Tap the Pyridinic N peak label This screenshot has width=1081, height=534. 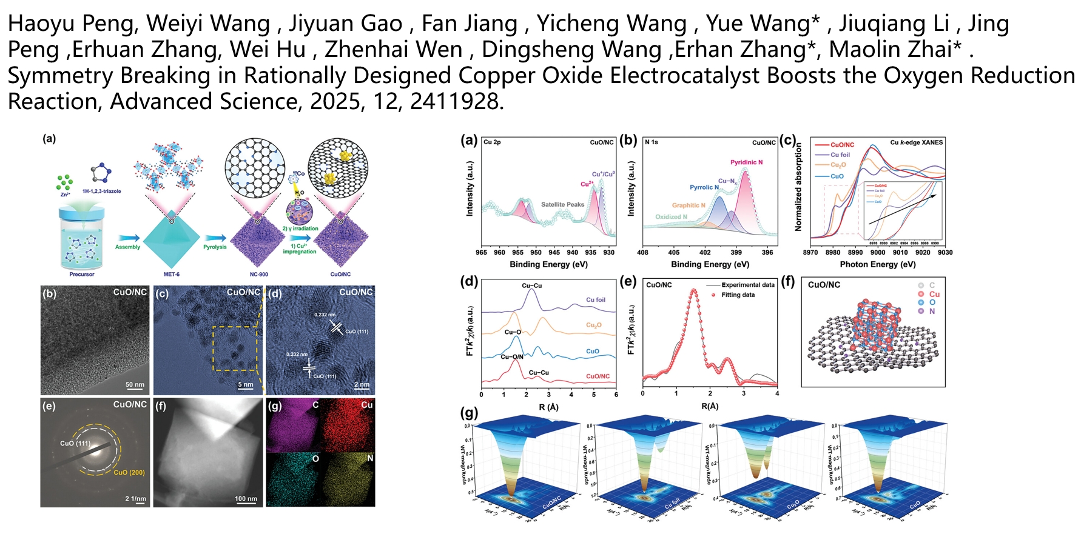pyautogui.click(x=746, y=162)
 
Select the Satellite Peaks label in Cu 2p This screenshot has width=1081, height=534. pyautogui.click(x=562, y=205)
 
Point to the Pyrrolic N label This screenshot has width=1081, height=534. pyautogui.click(x=704, y=187)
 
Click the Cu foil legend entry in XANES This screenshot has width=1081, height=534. pyautogui.click(x=840, y=155)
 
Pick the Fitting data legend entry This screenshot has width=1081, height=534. pyautogui.click(x=738, y=295)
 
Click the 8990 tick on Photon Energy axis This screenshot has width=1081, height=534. pyautogui.click(x=855, y=252)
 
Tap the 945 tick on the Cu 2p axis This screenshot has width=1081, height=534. pyautogui.click(x=554, y=252)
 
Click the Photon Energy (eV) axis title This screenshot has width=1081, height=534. pyautogui.click(x=877, y=264)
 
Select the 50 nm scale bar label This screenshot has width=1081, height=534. pyautogui.click(x=135, y=385)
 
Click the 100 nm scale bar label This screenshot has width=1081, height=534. pyautogui.click(x=246, y=499)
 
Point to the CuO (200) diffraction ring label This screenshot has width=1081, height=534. pyautogui.click(x=129, y=472)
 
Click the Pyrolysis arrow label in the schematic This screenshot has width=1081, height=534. pyautogui.click(x=215, y=247)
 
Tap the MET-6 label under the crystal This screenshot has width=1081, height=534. pyautogui.click(x=172, y=275)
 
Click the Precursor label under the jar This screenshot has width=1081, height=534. pyautogui.click(x=82, y=275)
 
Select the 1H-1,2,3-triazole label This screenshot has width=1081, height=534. pyautogui.click(x=101, y=192)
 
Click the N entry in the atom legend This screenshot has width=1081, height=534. pyautogui.click(x=932, y=312)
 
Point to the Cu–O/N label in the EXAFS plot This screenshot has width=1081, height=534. pyautogui.click(x=512, y=357)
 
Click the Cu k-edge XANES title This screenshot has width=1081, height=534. pyautogui.click(x=916, y=142)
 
